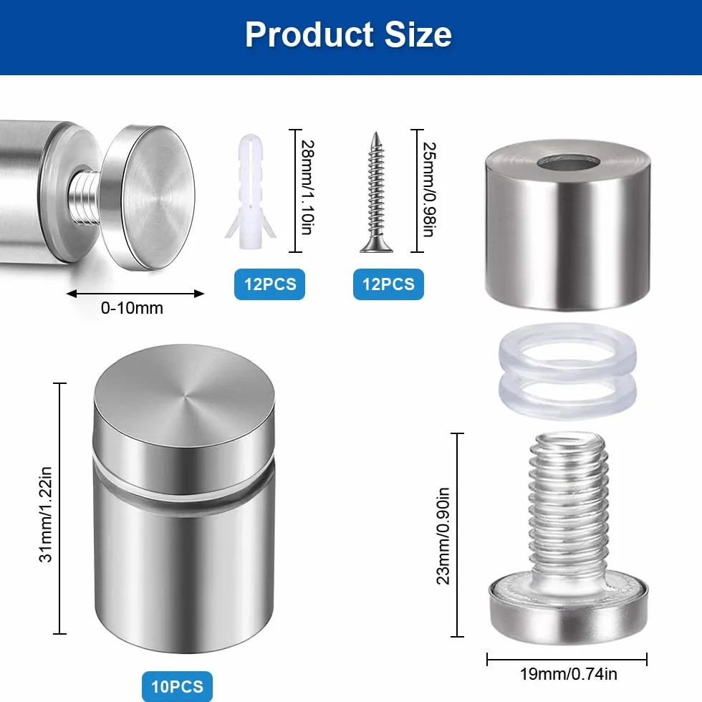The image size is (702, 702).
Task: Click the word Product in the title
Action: point(309,34)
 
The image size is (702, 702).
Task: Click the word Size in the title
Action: point(418,34)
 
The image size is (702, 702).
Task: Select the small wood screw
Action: point(377,192)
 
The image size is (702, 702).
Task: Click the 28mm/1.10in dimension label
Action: point(307,188)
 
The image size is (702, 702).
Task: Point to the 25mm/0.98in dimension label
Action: point(430,189)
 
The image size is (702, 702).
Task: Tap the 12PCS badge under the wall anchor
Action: point(269,284)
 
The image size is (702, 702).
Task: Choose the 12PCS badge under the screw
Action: point(388,284)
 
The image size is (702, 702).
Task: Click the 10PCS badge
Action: point(178,686)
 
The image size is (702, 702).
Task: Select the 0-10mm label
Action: point(132,308)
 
